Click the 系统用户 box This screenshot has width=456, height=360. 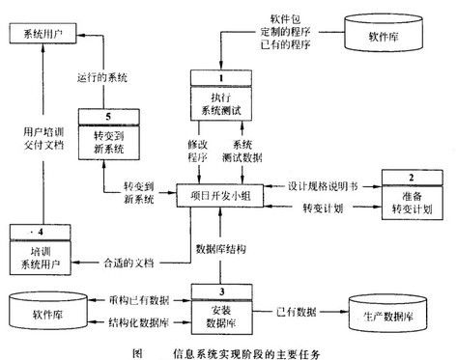[x=43, y=34]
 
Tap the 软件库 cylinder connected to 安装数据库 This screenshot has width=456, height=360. [x=51, y=309]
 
